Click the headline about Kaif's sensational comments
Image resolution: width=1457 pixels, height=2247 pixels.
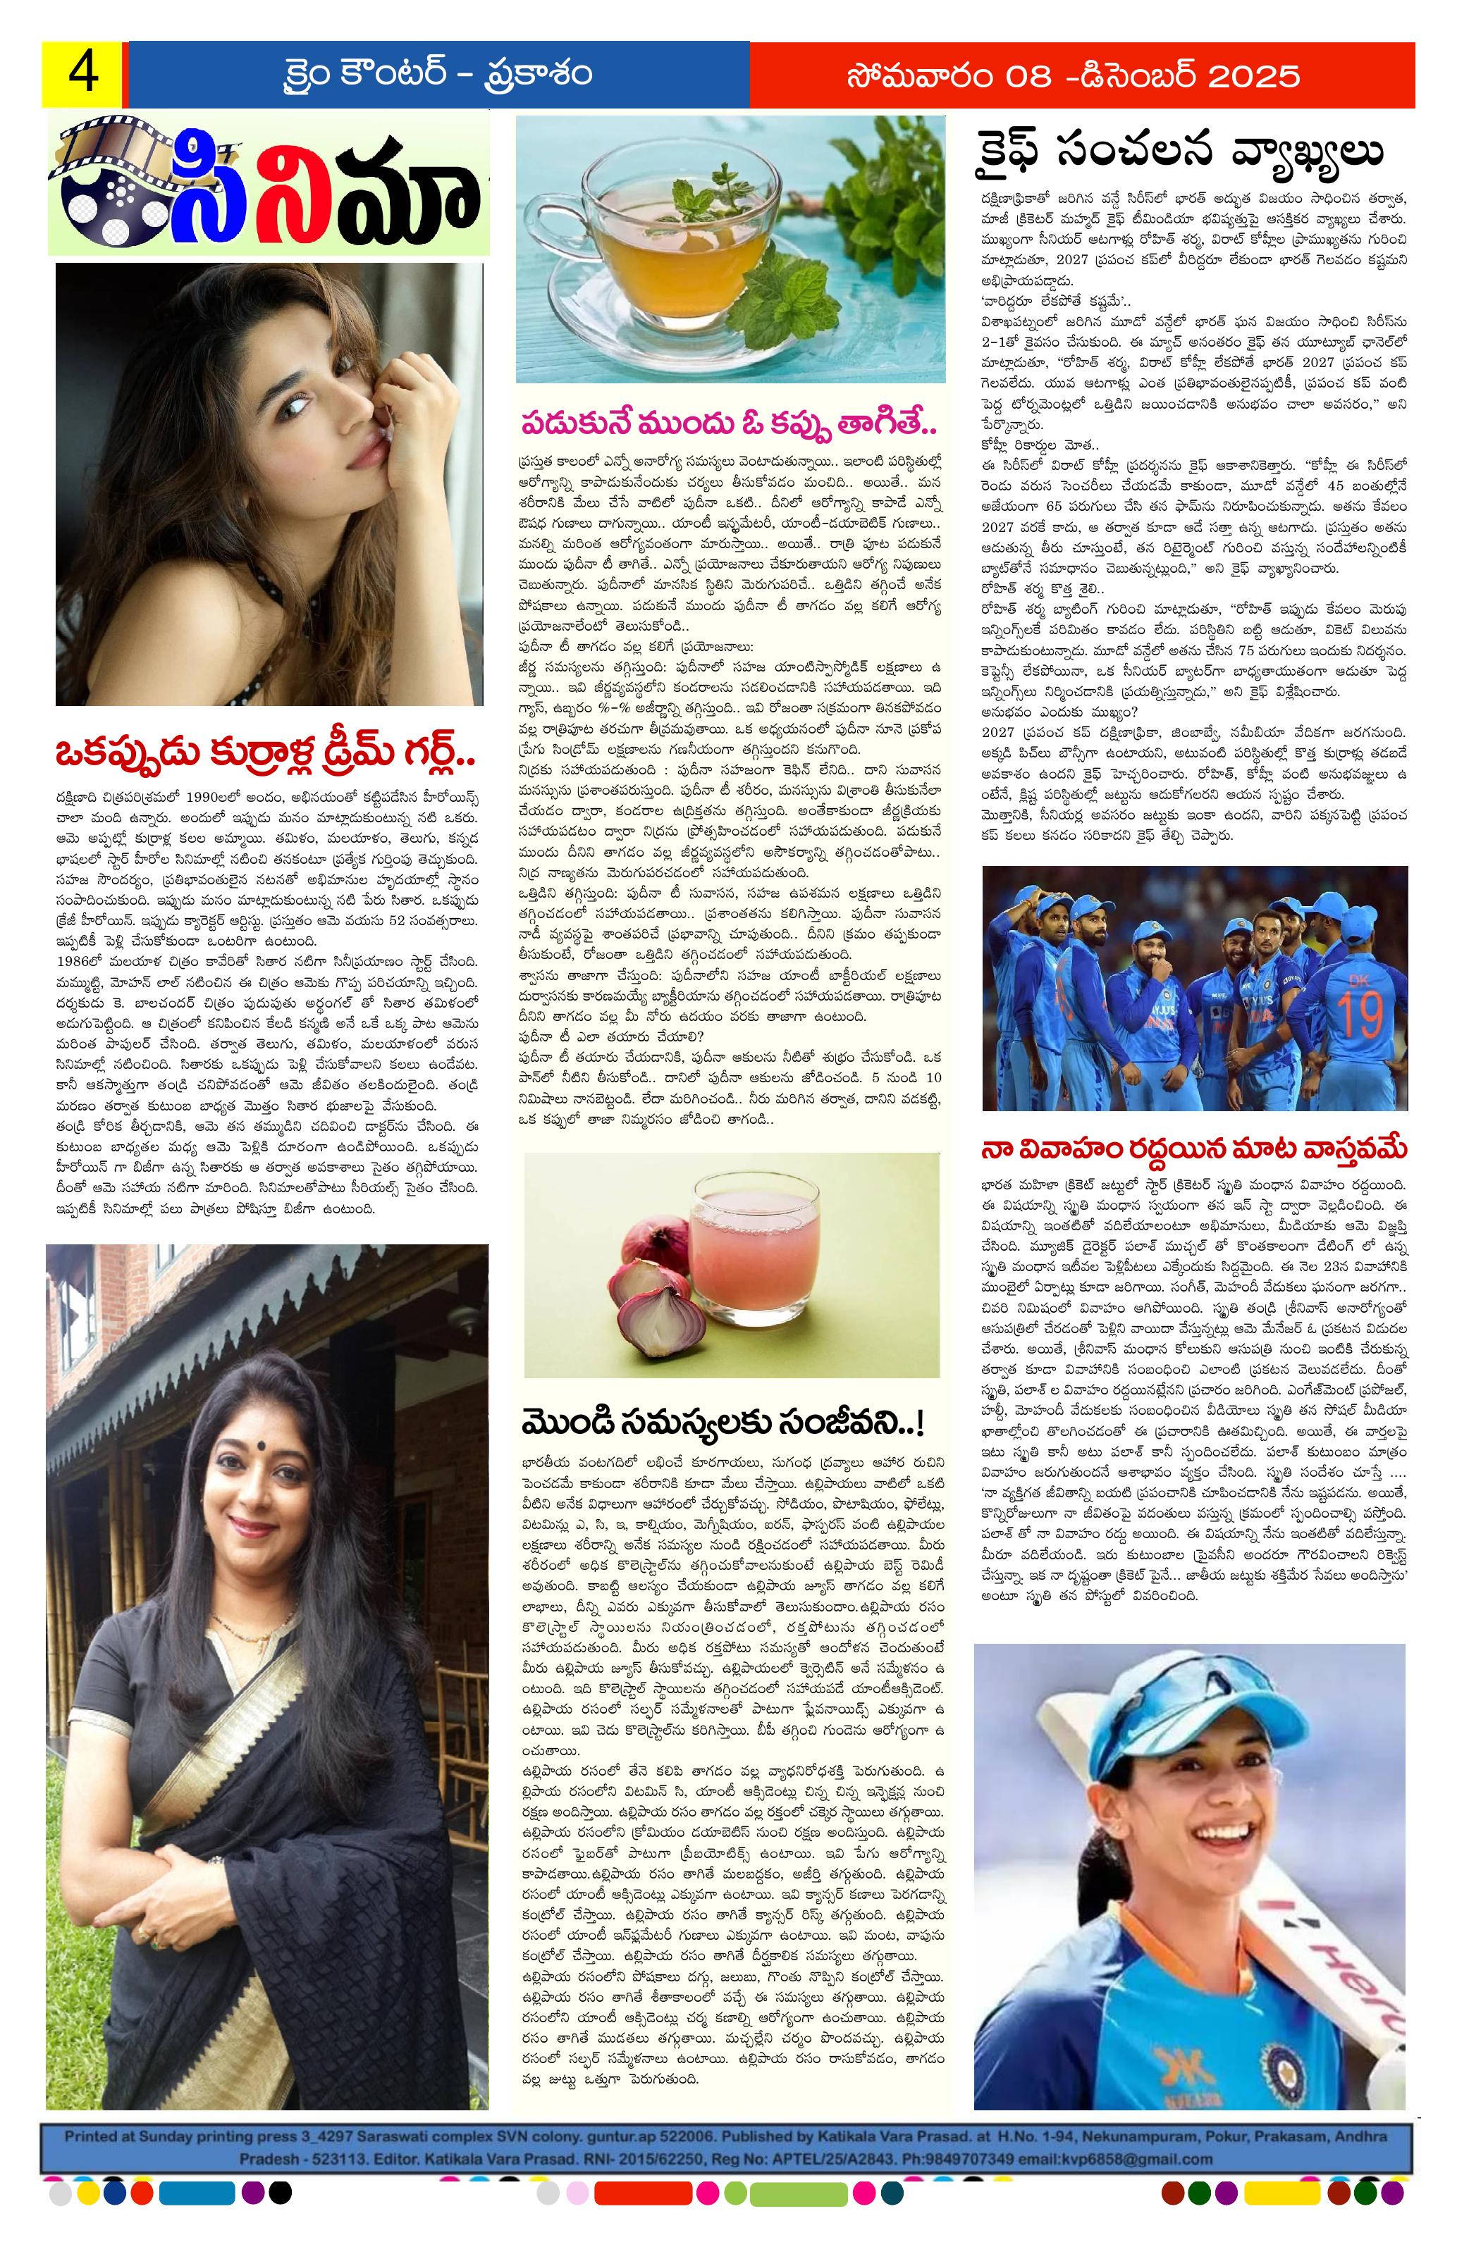[1180, 151]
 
